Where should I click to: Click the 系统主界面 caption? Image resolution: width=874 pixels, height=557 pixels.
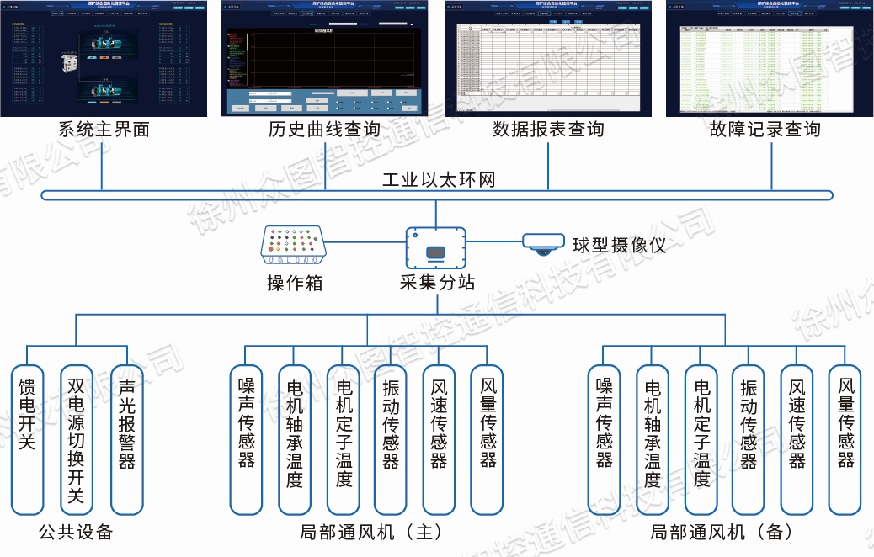[104, 130]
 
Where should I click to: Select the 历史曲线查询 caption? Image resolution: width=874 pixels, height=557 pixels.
[324, 130]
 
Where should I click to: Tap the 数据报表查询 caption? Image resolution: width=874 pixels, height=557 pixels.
[548, 130]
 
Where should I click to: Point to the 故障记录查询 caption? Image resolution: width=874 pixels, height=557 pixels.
[765, 130]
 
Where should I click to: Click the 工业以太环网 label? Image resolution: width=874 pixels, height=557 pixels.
[438, 180]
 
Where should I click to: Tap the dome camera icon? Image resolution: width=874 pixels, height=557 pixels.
[541, 244]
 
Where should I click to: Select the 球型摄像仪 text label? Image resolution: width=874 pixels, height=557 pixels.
[619, 246]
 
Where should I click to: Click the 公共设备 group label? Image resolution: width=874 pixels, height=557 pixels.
[76, 533]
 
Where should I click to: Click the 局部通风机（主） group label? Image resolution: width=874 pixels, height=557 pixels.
[370, 533]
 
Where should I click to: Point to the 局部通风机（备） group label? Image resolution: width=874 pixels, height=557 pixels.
[722, 533]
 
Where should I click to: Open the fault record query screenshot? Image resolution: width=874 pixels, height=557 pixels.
[765, 59]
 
